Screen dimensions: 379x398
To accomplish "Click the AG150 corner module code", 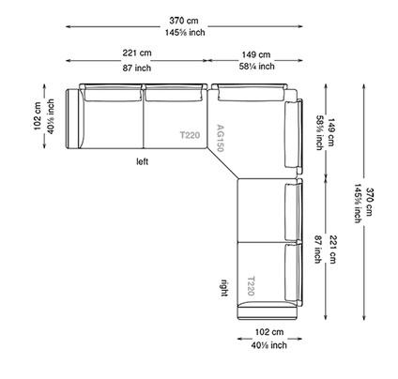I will tap(221, 138).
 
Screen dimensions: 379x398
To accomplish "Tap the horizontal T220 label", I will tap(191, 136).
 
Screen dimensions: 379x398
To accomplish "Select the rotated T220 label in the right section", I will tap(251, 286).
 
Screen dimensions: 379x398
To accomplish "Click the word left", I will tap(142, 161).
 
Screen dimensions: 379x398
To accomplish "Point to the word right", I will tap(224, 286).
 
